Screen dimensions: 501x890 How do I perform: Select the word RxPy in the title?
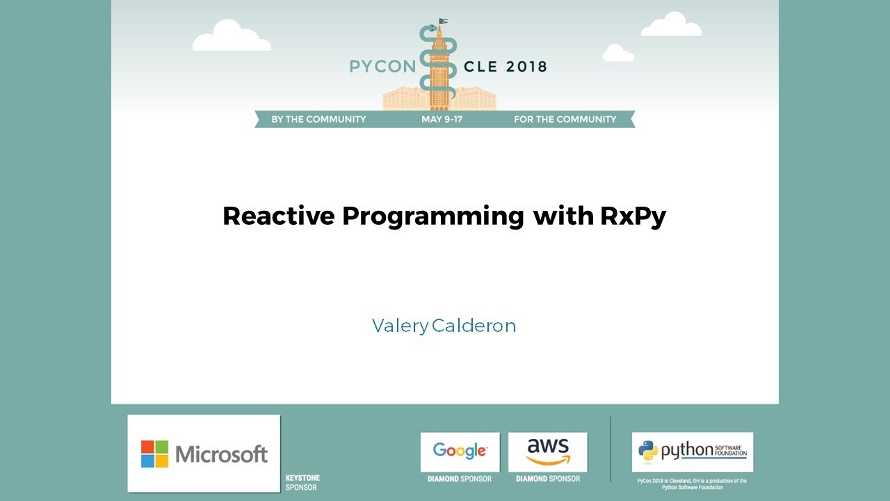tap(633, 216)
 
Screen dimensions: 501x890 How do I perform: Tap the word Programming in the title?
tap(432, 216)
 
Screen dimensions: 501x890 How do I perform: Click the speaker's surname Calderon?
tap(474, 326)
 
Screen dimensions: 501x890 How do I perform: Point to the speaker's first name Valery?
tap(400, 326)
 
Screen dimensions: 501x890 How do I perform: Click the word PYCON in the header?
tap(382, 67)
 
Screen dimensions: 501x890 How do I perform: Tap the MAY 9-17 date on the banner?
tap(442, 119)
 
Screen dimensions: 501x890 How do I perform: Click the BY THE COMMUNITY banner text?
tap(318, 119)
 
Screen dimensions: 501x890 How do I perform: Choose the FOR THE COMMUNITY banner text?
tap(565, 119)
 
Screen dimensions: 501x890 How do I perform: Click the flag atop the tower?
tap(443, 22)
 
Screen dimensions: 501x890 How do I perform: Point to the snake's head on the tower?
tap(432, 29)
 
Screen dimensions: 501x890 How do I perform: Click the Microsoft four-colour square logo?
tap(154, 454)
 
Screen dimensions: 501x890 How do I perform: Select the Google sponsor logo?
tap(460, 451)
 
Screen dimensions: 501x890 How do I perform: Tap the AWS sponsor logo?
tap(548, 451)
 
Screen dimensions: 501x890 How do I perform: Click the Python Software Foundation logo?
tap(692, 452)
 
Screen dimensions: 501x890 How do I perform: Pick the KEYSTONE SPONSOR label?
tap(302, 482)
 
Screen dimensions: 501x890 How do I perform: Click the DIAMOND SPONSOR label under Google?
tap(460, 479)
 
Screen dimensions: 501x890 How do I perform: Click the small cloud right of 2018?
tap(618, 54)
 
